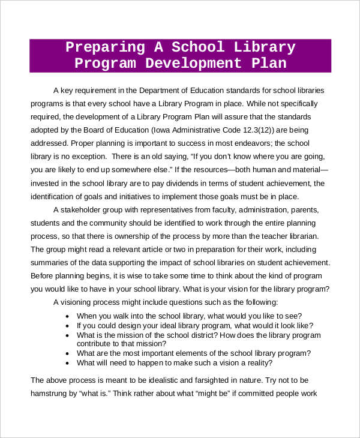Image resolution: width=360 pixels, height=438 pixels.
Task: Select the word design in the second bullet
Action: click(142, 325)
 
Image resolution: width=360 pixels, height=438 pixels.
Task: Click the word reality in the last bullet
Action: click(256, 363)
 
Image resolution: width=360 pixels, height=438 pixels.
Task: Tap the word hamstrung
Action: click(52, 394)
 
